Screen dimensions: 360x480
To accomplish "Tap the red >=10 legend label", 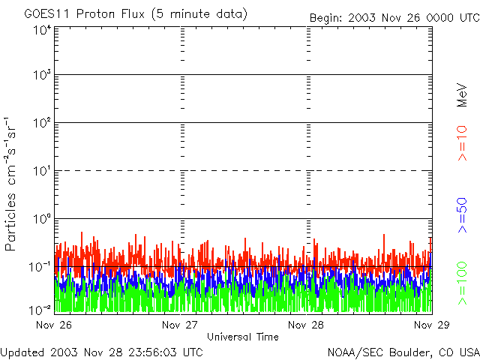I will click(x=463, y=142).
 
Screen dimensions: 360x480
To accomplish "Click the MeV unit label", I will click(x=463, y=96).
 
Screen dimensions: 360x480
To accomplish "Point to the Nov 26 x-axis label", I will click(x=52, y=325).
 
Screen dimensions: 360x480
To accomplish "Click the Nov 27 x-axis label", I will click(x=179, y=325).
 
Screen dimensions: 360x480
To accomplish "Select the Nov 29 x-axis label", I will click(x=432, y=325).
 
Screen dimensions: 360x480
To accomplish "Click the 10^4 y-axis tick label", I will click(x=42, y=31).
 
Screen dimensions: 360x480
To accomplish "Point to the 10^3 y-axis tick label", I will click(x=42, y=75).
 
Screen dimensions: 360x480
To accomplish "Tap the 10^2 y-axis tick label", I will click(x=42, y=123).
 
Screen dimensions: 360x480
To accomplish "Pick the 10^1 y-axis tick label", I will click(x=42, y=171).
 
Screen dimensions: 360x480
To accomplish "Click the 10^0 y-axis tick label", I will click(x=42, y=219).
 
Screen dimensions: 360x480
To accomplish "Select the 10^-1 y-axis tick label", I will click(x=40, y=267).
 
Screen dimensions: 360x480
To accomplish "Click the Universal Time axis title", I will click(x=242, y=337).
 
